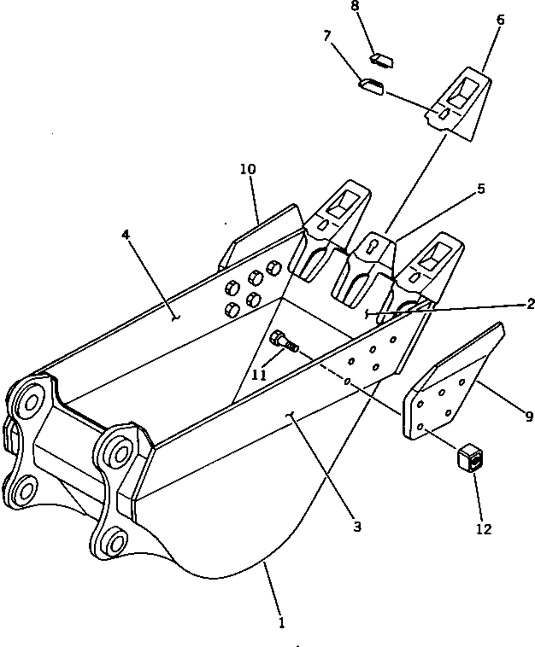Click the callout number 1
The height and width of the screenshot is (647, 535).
coord(281,623)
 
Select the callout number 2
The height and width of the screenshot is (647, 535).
coord(531,303)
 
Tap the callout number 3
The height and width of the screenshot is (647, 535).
coord(356,527)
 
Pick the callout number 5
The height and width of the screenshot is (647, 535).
coord(481,189)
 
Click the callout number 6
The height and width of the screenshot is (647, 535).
coord(500,19)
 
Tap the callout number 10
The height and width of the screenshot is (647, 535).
coord(248,169)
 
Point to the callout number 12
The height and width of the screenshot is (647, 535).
coord(484,529)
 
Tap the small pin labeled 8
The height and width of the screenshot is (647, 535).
coord(380,60)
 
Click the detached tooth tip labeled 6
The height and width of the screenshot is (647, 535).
coord(460,102)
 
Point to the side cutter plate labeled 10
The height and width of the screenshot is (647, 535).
coord(256,241)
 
